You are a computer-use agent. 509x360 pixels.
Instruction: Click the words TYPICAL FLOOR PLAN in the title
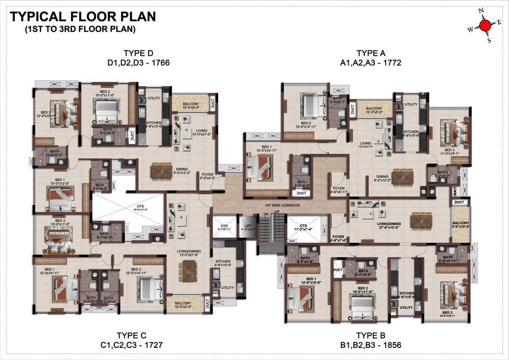(83, 17)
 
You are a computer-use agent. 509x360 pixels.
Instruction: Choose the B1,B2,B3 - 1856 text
(370, 345)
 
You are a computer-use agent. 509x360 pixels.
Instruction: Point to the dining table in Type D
(162, 172)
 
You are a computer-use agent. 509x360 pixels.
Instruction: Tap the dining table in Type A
(403, 177)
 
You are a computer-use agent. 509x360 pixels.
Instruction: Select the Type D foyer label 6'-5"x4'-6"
(208, 176)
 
